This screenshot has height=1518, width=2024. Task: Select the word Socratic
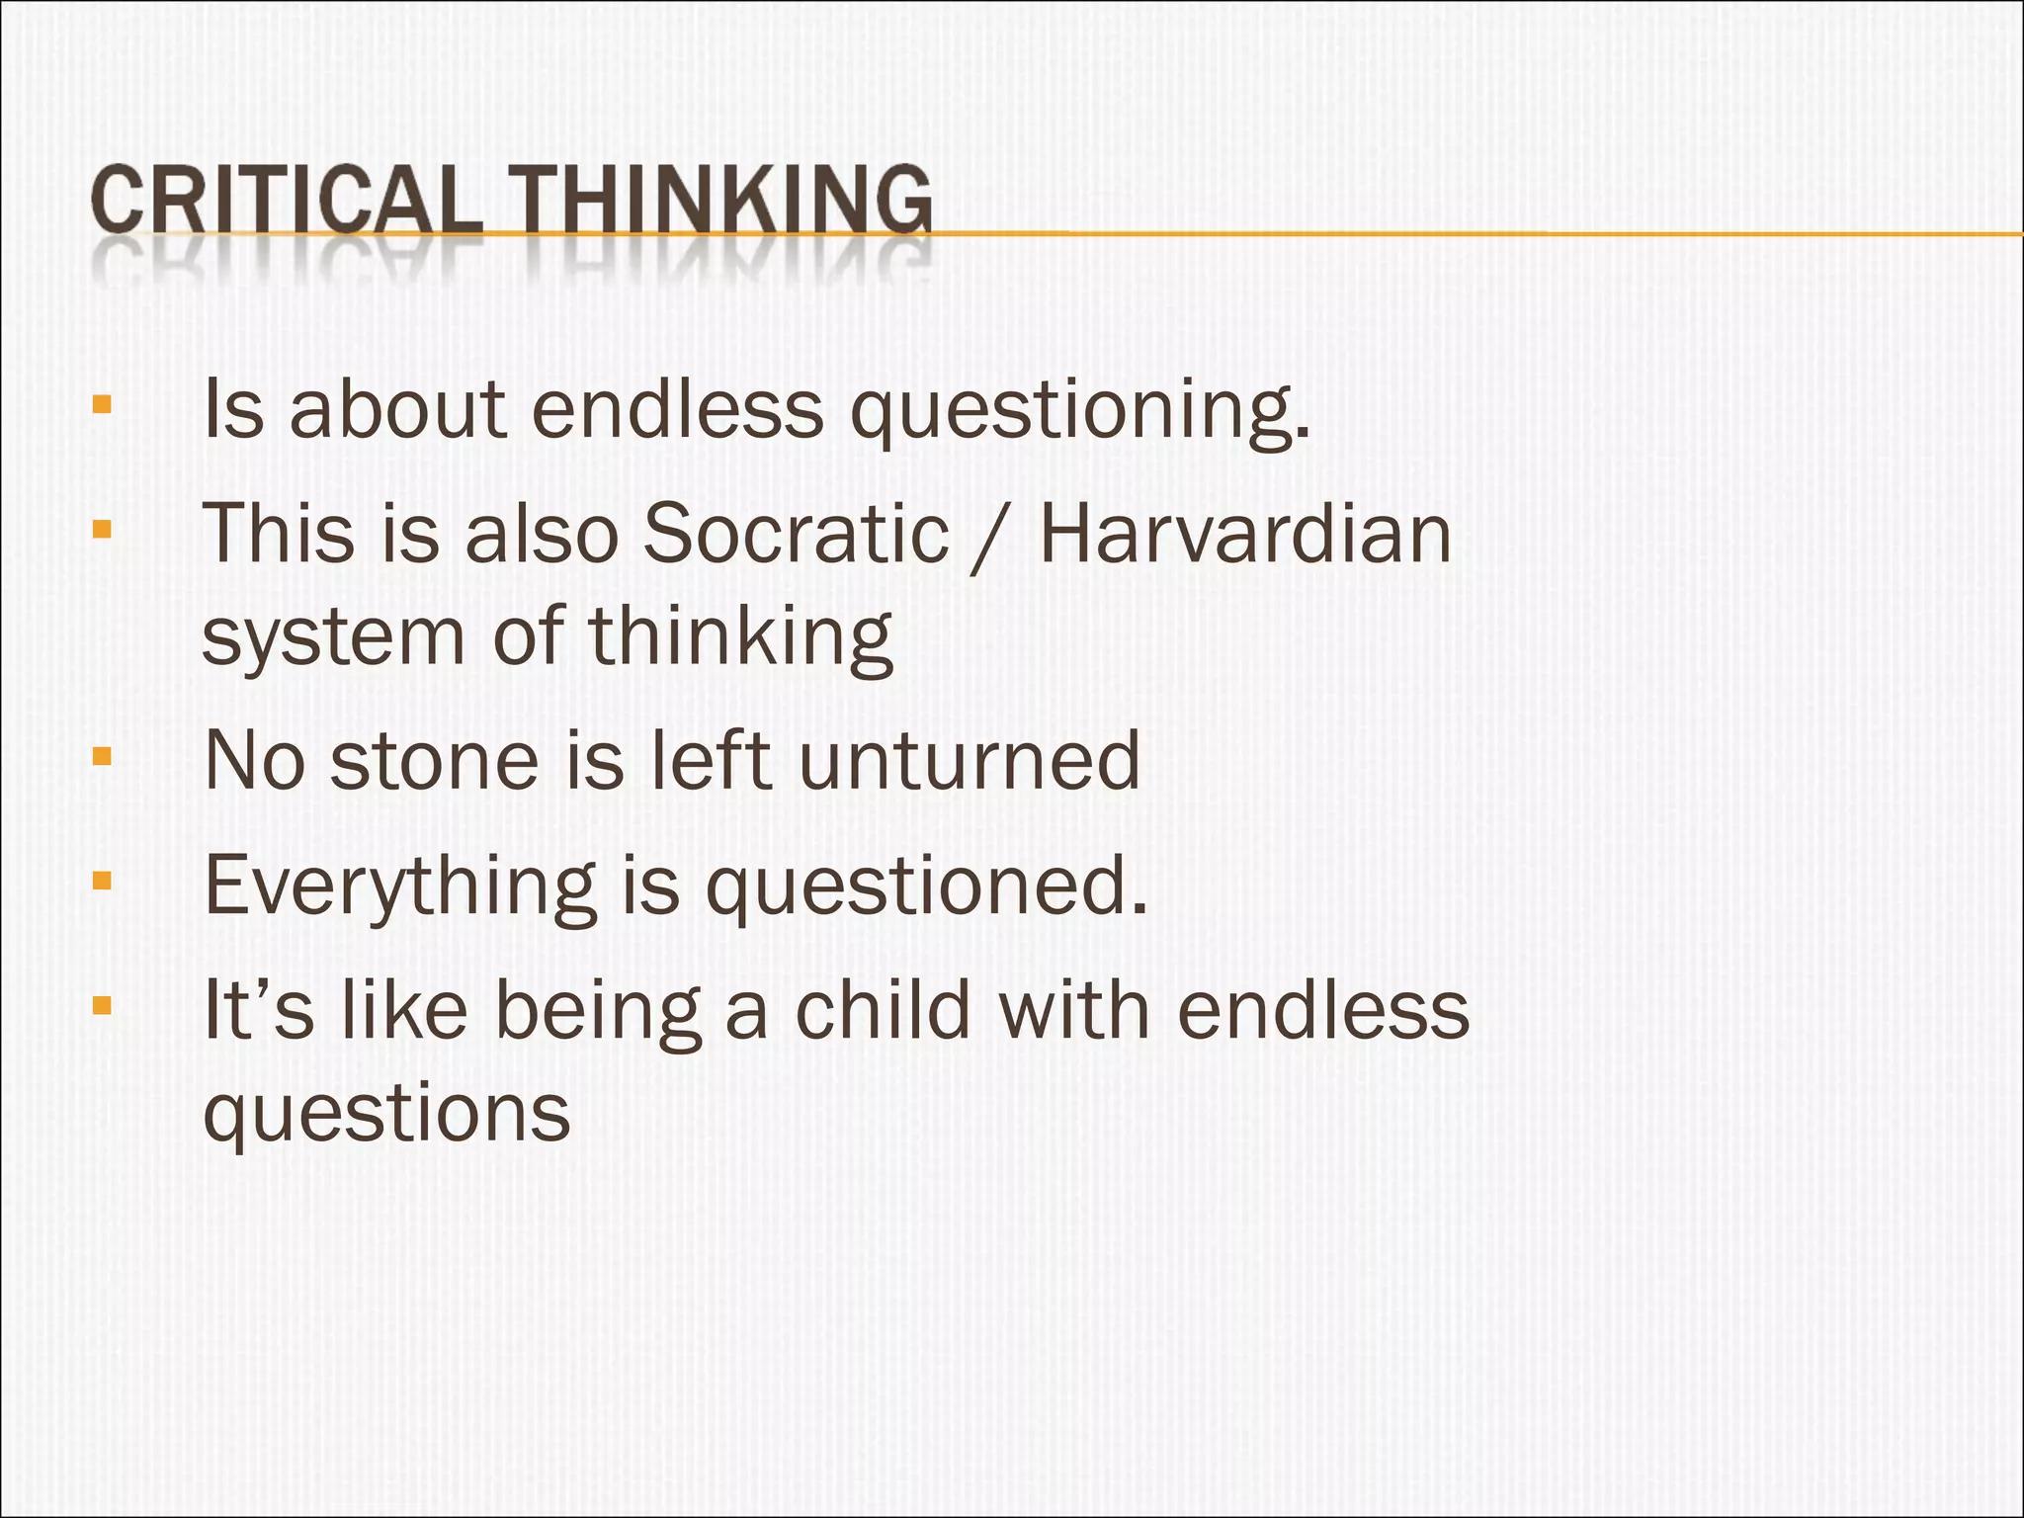pos(796,535)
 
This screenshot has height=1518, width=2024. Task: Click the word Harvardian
pos(1245,535)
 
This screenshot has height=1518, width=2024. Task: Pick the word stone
pos(434,760)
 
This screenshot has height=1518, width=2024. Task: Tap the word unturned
pos(969,760)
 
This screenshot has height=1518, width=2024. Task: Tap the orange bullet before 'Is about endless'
pos(101,404)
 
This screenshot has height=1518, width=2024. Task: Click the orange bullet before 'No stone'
pos(101,757)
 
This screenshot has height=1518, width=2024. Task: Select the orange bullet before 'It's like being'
pos(101,1006)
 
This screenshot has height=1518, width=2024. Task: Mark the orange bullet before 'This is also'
pos(101,529)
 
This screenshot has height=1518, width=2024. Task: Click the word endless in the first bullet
pos(678,409)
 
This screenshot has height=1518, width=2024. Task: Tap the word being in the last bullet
pos(598,1013)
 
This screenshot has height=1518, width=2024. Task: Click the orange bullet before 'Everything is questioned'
pos(101,881)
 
